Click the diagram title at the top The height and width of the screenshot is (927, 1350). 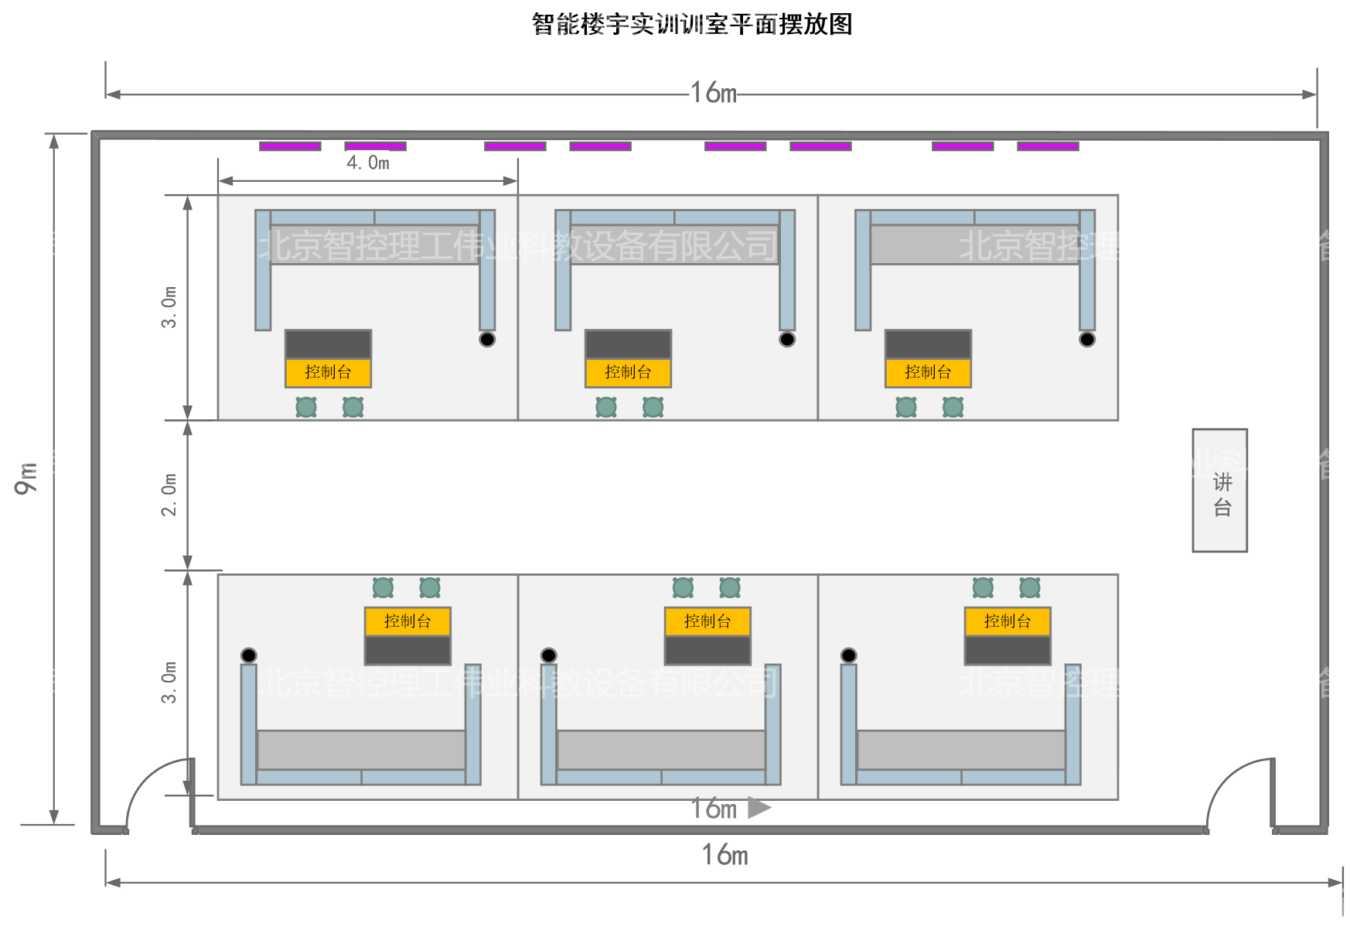coord(692,24)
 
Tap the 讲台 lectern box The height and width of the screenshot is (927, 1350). coord(1219,491)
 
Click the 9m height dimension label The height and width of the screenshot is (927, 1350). coord(26,478)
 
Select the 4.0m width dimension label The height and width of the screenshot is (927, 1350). coord(367,162)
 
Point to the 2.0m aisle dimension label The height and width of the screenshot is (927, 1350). coord(169,494)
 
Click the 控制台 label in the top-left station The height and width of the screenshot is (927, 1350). coord(328,372)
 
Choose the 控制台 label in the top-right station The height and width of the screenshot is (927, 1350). coord(928,372)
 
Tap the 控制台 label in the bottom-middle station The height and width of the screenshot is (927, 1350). coord(707,621)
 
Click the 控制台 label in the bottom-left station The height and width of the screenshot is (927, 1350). coord(407,621)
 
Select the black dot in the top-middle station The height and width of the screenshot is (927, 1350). coord(787,339)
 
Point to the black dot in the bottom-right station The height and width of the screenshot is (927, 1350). coord(848,655)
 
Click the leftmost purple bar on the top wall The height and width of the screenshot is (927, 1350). coord(290,146)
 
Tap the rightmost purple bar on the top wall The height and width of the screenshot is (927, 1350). coord(1048,146)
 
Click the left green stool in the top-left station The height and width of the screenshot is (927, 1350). coord(306,407)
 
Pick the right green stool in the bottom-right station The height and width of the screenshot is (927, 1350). coord(1030,588)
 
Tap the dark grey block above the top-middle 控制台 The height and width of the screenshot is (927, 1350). coord(628,344)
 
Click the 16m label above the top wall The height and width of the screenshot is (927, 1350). coord(713,93)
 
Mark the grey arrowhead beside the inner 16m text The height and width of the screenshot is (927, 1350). coord(759,808)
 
